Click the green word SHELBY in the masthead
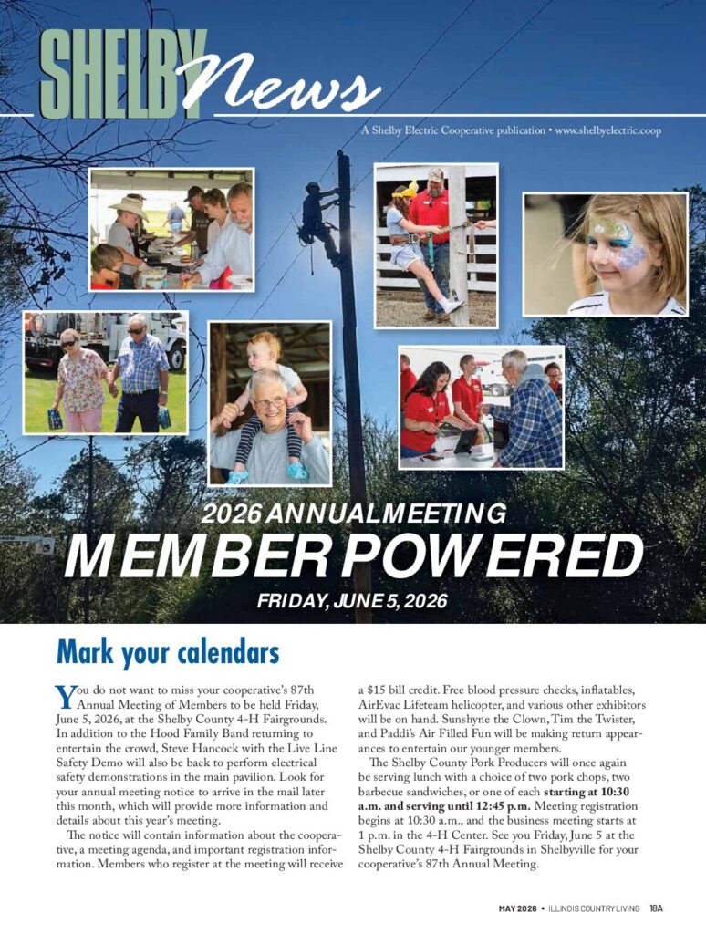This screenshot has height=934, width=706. click(123, 75)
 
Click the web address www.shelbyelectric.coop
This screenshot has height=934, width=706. click(607, 130)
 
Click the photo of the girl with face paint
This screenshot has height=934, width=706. click(605, 254)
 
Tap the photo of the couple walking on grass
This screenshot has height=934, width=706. click(105, 372)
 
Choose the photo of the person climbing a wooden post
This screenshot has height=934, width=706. click(436, 245)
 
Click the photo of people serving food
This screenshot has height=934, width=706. click(171, 229)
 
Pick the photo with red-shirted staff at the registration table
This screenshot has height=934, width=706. click(481, 407)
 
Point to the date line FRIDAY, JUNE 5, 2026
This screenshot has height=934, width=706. click(352, 602)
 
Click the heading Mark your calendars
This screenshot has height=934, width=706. click(167, 653)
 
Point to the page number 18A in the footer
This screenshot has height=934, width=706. click(656, 908)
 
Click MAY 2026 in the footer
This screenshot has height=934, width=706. click(516, 908)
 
